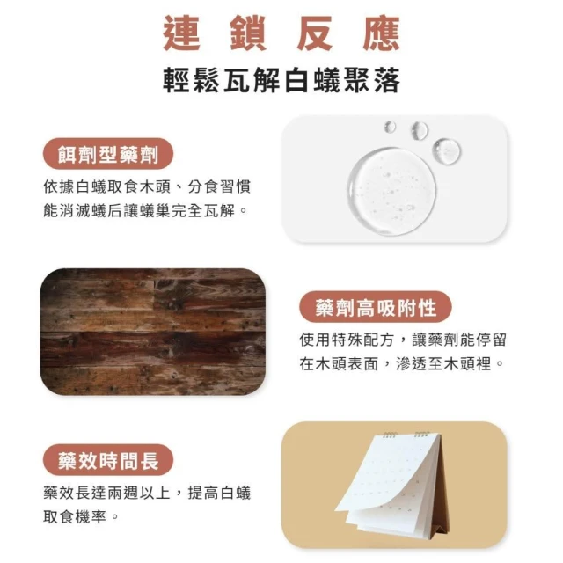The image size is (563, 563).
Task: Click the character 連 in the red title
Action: pyautogui.click(x=181, y=33)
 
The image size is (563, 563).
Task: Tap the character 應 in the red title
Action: pyautogui.click(x=381, y=33)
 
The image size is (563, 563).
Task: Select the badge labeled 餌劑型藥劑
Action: pyautogui.click(x=108, y=154)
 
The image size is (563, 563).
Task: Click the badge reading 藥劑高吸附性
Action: pyautogui.click(x=376, y=307)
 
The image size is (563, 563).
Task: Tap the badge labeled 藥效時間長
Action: pyautogui.click(x=108, y=460)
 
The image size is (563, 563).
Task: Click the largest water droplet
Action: pyautogui.click(x=392, y=191)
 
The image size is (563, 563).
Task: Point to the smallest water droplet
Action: pyautogui.click(x=390, y=127)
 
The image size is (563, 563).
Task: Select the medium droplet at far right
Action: pyautogui.click(x=447, y=150)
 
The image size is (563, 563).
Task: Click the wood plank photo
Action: pyautogui.click(x=153, y=332)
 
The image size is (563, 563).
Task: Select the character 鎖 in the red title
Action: pyautogui.click(x=248, y=33)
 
